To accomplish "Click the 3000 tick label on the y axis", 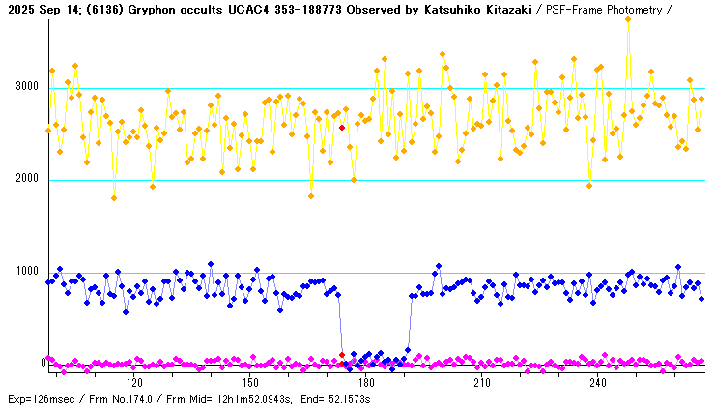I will (x=26, y=87).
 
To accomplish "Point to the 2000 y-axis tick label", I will (x=26, y=179).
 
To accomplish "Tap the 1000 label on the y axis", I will (x=26, y=272).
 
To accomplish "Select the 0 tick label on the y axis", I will (x=43, y=364).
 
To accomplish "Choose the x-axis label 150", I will (x=253, y=383).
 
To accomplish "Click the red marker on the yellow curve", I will (x=342, y=127).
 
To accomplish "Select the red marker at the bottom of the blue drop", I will (x=342, y=355).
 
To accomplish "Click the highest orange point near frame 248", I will (x=628, y=19).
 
